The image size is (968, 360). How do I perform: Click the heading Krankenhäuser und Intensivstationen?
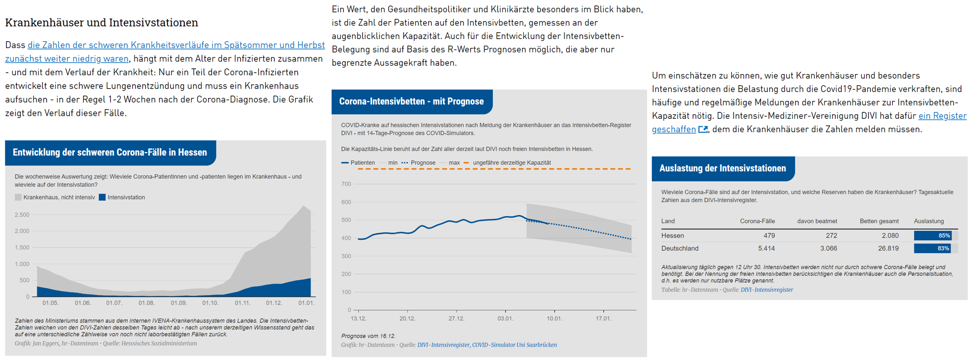[x=102, y=23]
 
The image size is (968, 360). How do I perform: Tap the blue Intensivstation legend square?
[x=102, y=197]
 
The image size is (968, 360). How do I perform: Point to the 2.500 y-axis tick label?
[x=22, y=215]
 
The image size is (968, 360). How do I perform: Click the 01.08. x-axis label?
[x=147, y=303]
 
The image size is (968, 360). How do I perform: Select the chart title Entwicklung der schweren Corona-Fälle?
[x=110, y=153]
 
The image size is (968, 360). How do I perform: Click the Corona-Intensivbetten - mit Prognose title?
[x=411, y=102]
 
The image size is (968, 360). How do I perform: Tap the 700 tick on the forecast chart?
[x=346, y=184]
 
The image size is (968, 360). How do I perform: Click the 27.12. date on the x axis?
[x=456, y=318]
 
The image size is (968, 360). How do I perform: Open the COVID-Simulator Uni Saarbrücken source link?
[x=514, y=345]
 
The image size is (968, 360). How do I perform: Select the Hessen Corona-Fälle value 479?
[x=769, y=236]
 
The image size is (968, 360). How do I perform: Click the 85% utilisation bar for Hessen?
[x=932, y=236]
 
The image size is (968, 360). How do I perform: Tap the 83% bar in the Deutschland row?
[x=932, y=249]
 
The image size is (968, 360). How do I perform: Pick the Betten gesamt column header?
[x=879, y=221]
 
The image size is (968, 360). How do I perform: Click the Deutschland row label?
[x=680, y=249]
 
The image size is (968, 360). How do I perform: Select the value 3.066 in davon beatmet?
[x=828, y=249]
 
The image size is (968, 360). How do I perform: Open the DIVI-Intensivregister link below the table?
[x=766, y=290]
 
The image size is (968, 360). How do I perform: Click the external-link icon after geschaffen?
[x=703, y=130]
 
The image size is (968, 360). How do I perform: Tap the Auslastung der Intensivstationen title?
[x=722, y=168]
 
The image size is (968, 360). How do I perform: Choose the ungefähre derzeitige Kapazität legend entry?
[x=511, y=162]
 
